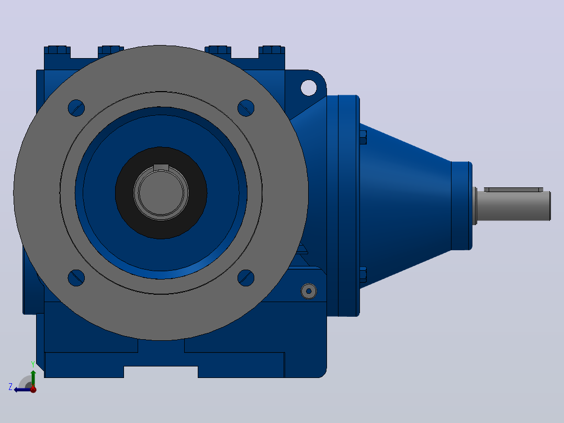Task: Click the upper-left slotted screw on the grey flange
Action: (76, 108)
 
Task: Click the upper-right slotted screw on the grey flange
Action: (246, 108)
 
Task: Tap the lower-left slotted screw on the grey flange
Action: (76, 277)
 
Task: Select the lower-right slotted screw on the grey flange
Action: (246, 277)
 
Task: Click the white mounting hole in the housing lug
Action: (309, 87)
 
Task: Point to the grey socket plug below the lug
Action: (309, 291)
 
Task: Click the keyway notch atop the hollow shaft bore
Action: (161, 168)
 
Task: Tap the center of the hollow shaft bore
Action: (161, 193)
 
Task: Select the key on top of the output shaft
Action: (514, 190)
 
